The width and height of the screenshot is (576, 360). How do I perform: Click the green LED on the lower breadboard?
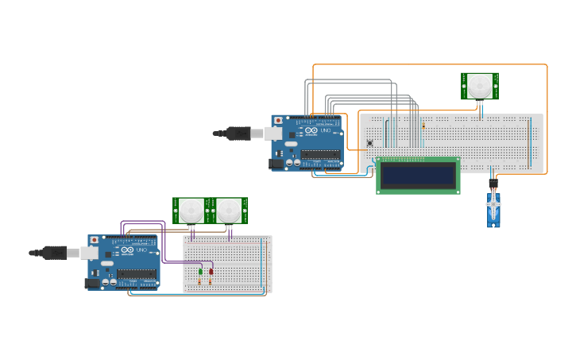click(200, 272)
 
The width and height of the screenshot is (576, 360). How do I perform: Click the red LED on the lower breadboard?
click(211, 272)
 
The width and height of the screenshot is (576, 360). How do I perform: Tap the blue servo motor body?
click(494, 211)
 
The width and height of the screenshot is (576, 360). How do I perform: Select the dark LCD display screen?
click(417, 176)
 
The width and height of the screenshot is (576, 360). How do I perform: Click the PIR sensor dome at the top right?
click(479, 86)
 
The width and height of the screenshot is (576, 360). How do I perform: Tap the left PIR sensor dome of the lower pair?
click(191, 211)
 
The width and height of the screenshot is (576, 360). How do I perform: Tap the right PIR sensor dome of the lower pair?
click(229, 211)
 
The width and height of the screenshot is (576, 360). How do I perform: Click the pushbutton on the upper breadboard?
click(369, 143)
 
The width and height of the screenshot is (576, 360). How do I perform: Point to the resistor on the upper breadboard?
click(423, 126)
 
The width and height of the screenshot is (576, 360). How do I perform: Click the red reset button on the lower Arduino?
click(95, 239)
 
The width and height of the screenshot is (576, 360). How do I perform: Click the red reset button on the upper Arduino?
click(278, 120)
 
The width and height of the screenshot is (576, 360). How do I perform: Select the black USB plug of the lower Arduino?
click(55, 253)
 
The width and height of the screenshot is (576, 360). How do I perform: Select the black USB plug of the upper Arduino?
click(238, 134)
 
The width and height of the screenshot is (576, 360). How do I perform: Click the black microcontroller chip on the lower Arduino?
click(137, 274)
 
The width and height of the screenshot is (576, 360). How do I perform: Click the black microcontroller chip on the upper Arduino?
click(320, 155)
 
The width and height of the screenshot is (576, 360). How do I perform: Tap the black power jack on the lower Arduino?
click(94, 282)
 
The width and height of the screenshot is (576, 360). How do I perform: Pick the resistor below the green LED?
click(199, 281)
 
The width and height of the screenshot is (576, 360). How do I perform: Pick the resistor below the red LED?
click(211, 281)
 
